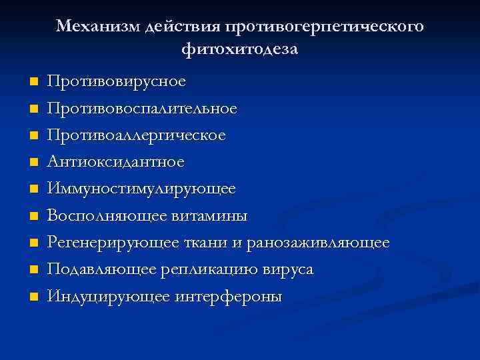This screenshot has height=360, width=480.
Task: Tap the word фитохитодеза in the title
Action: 239,49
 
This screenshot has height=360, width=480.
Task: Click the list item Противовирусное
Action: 117,81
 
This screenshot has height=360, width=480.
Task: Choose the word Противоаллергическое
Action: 137,135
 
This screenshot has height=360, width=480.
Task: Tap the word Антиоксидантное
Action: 116,162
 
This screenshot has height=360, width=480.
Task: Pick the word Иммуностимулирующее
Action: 141,189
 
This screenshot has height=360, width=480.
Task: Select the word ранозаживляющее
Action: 318,243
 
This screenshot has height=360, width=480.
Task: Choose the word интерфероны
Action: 229,297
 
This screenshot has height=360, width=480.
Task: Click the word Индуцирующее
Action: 109,297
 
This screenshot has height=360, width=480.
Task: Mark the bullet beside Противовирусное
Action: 33,81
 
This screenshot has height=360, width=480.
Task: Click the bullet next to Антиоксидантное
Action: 33,162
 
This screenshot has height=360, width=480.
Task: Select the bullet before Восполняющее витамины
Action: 33,216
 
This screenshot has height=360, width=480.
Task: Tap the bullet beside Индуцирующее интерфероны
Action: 33,297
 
